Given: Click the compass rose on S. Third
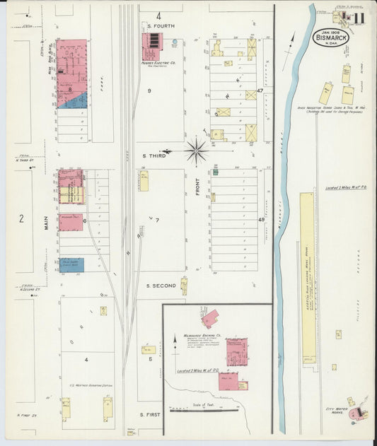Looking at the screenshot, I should coord(196,150).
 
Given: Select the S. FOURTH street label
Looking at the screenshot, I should coord(163,26).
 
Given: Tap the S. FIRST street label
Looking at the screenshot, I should coord(151,414).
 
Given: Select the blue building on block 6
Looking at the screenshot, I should coord(71,265).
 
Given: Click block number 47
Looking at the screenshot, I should coord(260,91).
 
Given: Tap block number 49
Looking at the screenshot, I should coord(260,220).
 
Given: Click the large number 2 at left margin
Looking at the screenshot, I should coord(21,219).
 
